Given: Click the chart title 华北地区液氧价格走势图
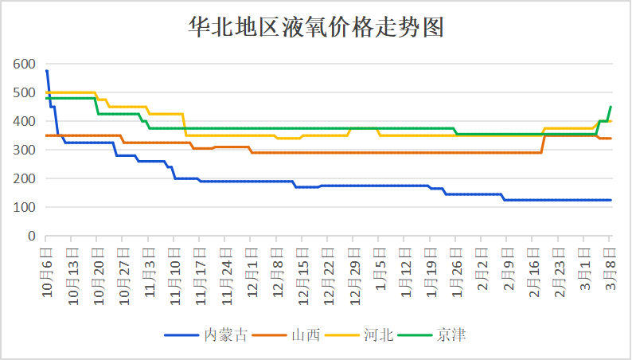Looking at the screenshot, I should [x=315, y=28].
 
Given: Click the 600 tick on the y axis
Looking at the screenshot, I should [x=24, y=65].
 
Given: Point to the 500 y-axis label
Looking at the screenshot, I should [x=24, y=93].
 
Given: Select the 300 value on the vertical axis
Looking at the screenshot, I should [x=24, y=151].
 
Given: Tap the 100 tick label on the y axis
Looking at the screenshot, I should [x=24, y=208].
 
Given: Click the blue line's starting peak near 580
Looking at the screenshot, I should [x=47, y=71].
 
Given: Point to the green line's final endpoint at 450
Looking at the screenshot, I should [x=611, y=107].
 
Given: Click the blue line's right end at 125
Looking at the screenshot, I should [x=611, y=200].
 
